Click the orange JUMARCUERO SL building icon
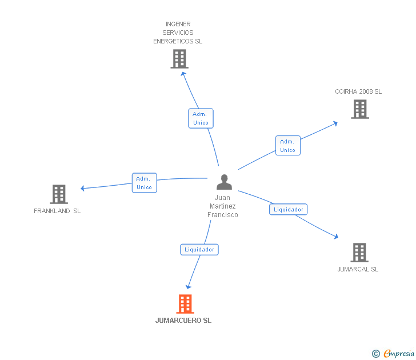185,304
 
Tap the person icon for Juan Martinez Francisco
224,182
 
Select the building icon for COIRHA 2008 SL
360,109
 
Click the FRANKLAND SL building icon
59,194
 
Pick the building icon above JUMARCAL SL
359,253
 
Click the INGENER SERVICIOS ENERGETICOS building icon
179,59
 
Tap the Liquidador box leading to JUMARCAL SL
289,209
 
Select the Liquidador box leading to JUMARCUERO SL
199,250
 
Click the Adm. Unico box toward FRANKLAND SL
145,183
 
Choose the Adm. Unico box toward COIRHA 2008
288,145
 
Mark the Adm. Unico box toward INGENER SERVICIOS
201,118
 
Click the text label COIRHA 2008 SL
358,91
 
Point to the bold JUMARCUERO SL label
183,321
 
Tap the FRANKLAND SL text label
57,211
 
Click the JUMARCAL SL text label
358,269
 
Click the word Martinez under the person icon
223,206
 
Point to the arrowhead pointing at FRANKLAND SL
82,188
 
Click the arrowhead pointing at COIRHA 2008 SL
335,123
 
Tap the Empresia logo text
398,353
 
